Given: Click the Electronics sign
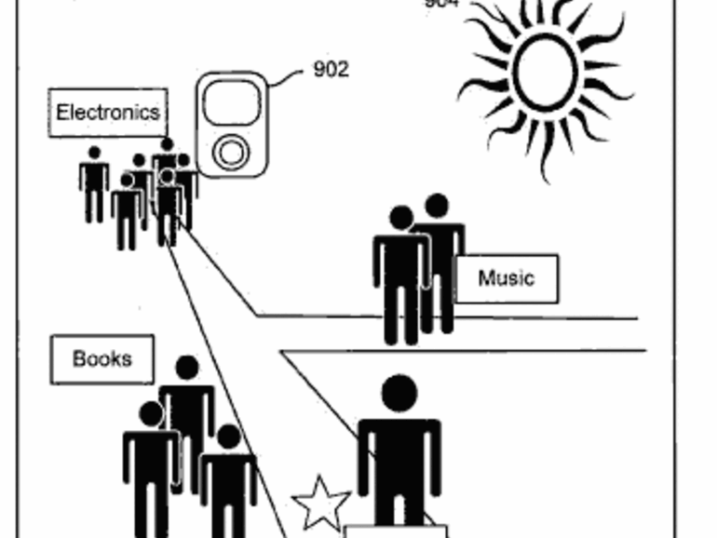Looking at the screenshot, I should pyautogui.click(x=108, y=113).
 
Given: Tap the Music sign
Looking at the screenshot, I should pyautogui.click(x=507, y=278).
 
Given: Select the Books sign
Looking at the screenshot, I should pyautogui.click(x=101, y=359).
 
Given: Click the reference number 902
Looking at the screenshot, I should pyautogui.click(x=331, y=69).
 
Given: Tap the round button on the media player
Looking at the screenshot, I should pyautogui.click(x=230, y=152).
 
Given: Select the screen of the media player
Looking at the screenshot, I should pyautogui.click(x=231, y=102).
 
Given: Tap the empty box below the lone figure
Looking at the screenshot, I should pyautogui.click(x=396, y=531).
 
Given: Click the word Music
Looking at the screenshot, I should pyautogui.click(x=507, y=278).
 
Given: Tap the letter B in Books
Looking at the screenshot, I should pyautogui.click(x=79, y=359).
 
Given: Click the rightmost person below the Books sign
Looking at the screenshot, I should pyautogui.click(x=228, y=479).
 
